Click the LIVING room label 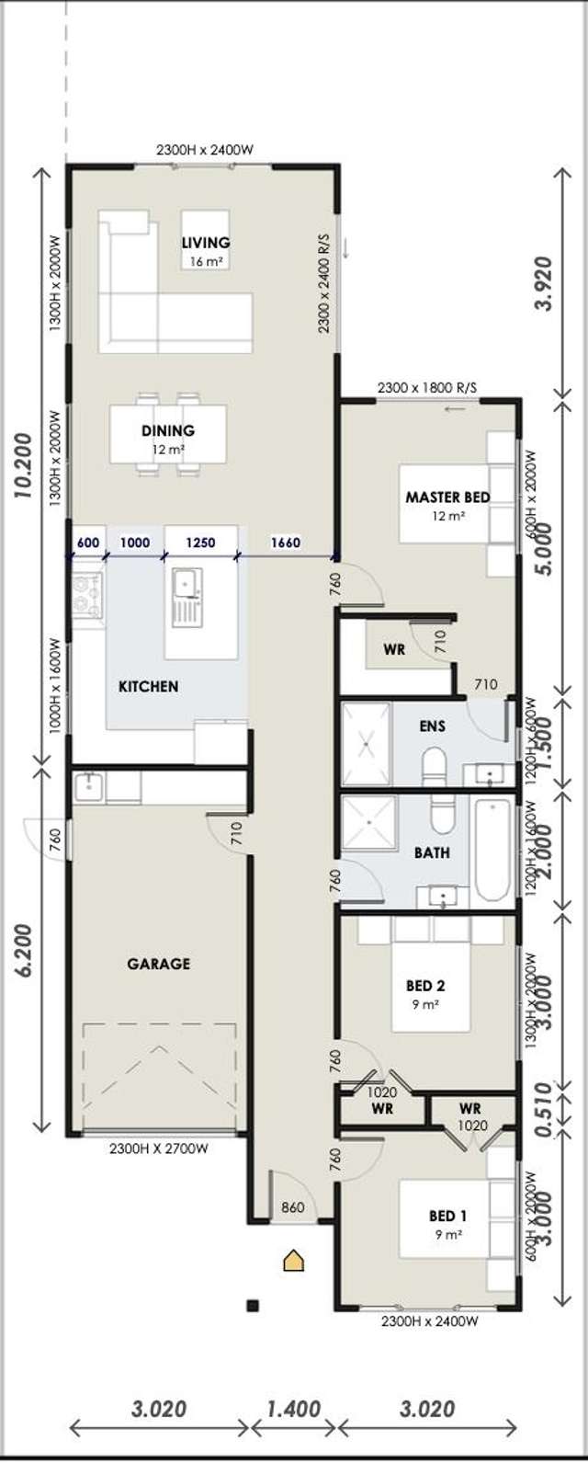[x=205, y=243]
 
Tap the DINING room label [x=168, y=430]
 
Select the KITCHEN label [x=148, y=686]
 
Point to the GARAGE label [x=159, y=964]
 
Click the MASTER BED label [x=447, y=497]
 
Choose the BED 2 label [x=425, y=986]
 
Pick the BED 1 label [x=448, y=1216]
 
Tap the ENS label [x=432, y=726]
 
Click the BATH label [x=432, y=852]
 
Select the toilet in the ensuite [x=433, y=766]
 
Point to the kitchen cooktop [x=87, y=594]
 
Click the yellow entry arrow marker [x=293, y=1260]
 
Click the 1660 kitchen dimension [x=285, y=543]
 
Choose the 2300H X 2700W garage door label [x=158, y=1149]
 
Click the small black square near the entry [x=254, y=1304]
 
